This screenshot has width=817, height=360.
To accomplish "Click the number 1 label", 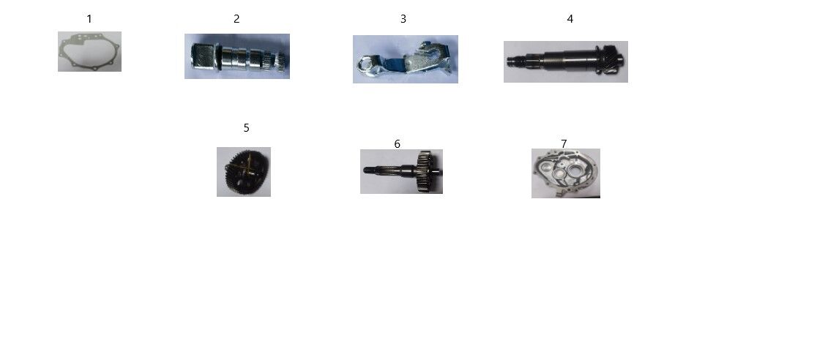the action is tap(89, 19).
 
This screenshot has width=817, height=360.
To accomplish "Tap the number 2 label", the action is tap(236, 19).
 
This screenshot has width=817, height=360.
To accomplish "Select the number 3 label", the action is tap(403, 19).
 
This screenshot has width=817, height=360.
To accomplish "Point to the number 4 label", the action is tap(570, 19).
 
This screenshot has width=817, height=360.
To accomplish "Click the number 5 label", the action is tap(247, 127).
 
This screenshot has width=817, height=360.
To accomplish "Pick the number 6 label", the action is tap(397, 144).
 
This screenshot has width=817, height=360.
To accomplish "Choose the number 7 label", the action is tap(564, 143).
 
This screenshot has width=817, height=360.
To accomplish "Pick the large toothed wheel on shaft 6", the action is tap(425, 171).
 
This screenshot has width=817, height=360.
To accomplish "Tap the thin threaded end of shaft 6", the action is tap(370, 170).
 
